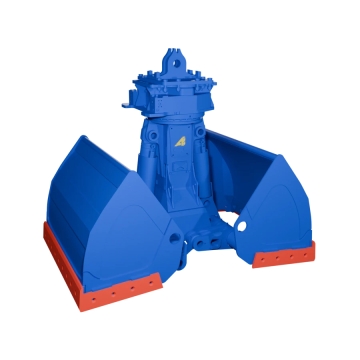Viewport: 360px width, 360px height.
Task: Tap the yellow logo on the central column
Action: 182,142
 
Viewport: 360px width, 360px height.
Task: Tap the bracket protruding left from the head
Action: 126,100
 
